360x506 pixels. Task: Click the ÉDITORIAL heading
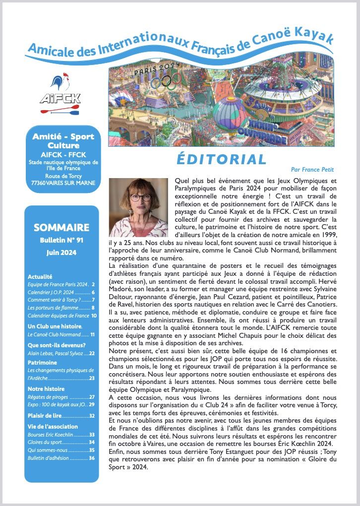[221, 159]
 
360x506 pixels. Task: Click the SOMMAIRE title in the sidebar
[61, 228]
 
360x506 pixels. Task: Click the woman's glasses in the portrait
[141, 197]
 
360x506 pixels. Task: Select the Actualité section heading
[40, 276]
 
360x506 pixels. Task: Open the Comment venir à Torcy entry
[61, 300]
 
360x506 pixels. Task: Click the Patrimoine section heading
[42, 363]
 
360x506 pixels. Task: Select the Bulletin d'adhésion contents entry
[61, 458]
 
